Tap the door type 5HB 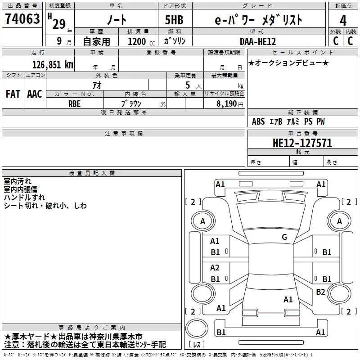[175, 20]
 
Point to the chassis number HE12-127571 [302, 143]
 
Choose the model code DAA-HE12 [258, 41]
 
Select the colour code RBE [74, 103]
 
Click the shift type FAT [13, 94]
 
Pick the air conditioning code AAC [35, 94]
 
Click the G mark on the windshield [284, 237]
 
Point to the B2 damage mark [320, 292]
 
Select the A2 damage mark [215, 267]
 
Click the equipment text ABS [258, 121]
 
